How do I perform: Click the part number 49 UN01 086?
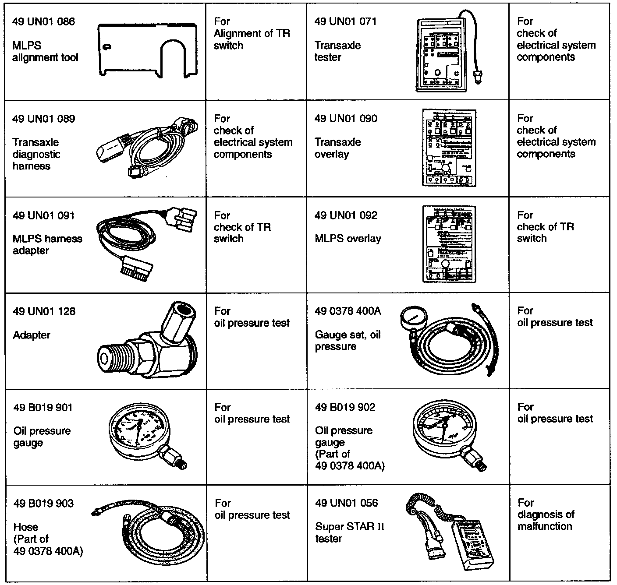43,21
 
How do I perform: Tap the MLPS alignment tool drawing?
145,50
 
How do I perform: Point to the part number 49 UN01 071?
345,21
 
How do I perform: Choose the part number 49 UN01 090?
346,119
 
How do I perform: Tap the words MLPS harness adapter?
47,245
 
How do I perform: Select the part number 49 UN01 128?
44,311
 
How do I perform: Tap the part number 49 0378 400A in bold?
348,311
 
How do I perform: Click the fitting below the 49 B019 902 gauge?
475,459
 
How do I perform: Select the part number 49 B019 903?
43,504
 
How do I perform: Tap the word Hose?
26,527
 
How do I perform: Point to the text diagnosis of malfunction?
546,520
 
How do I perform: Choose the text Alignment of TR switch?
252,39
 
